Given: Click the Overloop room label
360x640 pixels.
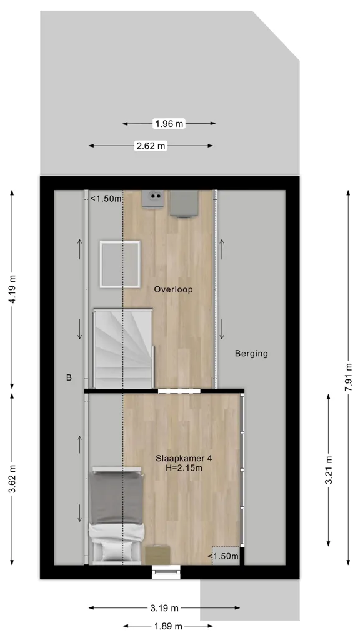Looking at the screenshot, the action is pyautogui.click(x=174, y=289).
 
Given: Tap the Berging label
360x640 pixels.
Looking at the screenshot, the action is pyautogui.click(x=251, y=354).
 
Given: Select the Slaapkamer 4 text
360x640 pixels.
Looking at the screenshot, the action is pyautogui.click(x=184, y=458).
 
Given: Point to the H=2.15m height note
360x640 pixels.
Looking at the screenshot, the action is pyautogui.click(x=184, y=468).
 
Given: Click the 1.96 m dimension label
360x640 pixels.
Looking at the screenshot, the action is pyautogui.click(x=169, y=123).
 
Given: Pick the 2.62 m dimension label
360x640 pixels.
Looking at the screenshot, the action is pyautogui.click(x=151, y=146).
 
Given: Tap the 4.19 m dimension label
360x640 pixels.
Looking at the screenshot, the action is pyautogui.click(x=12, y=289).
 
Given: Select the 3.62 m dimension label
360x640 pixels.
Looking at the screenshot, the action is pyautogui.click(x=12, y=479).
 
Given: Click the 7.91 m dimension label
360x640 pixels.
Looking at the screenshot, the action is pyautogui.click(x=349, y=377).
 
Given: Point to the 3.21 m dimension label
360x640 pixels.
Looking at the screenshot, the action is pyautogui.click(x=329, y=470).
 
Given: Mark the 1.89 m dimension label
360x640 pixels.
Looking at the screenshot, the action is pyautogui.click(x=167, y=626).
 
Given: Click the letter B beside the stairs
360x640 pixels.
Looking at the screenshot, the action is pyautogui.click(x=69, y=378).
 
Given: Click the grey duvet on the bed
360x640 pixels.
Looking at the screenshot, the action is pyautogui.click(x=116, y=499).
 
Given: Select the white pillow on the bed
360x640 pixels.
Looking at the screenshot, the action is pyautogui.click(x=116, y=551).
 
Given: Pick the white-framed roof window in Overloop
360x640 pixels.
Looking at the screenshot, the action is pyautogui.click(x=120, y=264).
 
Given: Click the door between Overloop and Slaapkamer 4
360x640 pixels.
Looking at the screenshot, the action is pyautogui.click(x=179, y=391).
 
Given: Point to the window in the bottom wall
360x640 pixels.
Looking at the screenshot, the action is pyautogui.click(x=166, y=572).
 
